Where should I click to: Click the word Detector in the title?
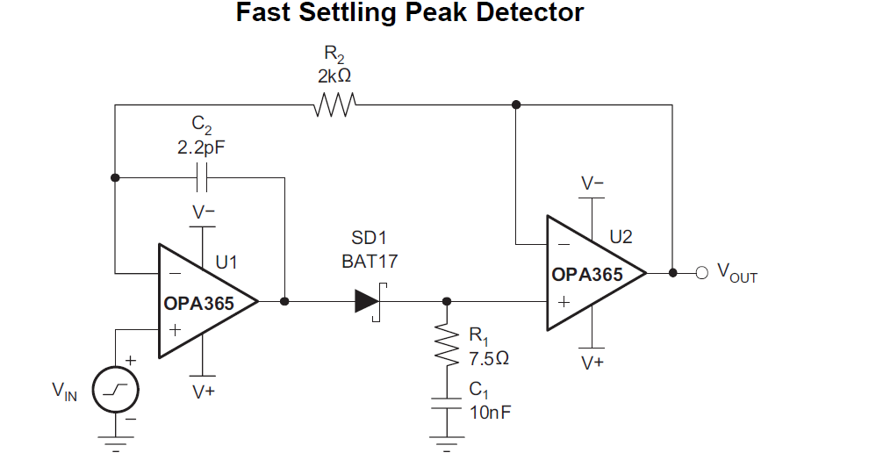pyautogui.click(x=530, y=13)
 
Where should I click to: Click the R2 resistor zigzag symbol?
pyautogui.click(x=334, y=105)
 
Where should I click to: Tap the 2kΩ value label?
pyautogui.click(x=334, y=76)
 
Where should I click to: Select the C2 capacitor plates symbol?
pyautogui.click(x=202, y=177)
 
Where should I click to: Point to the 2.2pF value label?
pyautogui.click(x=201, y=147)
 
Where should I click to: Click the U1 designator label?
pyautogui.click(x=226, y=262)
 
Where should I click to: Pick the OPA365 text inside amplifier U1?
pyautogui.click(x=198, y=304)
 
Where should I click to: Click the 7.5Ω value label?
pyautogui.click(x=489, y=357)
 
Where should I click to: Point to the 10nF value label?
pyautogui.click(x=488, y=412)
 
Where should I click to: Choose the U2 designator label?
pyautogui.click(x=621, y=236)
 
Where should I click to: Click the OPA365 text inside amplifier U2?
pyautogui.click(x=587, y=275)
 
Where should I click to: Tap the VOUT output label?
pyautogui.click(x=737, y=273)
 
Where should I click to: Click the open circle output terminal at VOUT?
pyautogui.click(x=700, y=272)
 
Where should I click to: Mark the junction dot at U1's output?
pyautogui.click(x=284, y=301)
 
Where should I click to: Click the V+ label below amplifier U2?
pyautogui.click(x=592, y=362)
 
